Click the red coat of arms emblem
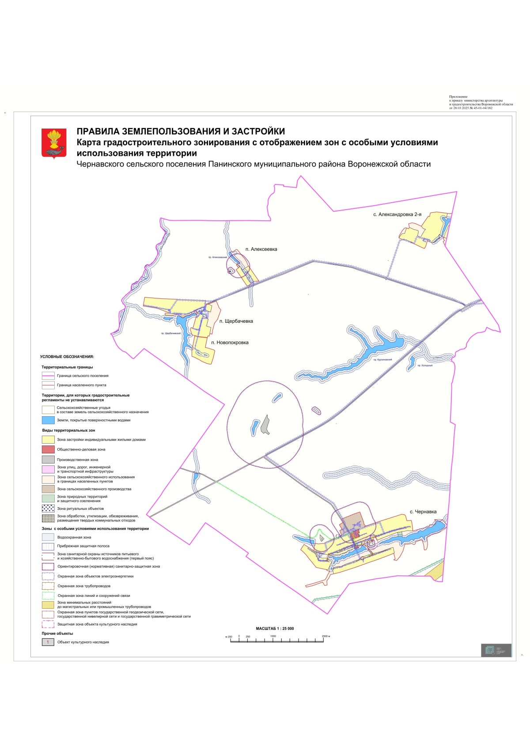(54, 143)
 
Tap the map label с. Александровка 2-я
(397, 215)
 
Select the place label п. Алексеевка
(261, 249)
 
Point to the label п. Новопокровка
(230, 343)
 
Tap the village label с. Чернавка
(423, 512)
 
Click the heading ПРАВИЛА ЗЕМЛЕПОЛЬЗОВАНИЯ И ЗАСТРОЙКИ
(181, 132)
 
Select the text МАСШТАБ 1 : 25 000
(275, 629)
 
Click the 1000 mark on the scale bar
(273, 637)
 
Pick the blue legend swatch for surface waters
(48, 420)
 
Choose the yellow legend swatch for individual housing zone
(48, 440)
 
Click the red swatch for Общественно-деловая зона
(48, 449)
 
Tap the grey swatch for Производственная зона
(48, 460)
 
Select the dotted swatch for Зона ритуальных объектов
(48, 509)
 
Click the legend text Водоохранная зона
(74, 538)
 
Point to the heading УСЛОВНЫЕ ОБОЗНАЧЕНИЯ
(67, 357)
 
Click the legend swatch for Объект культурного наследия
(48, 642)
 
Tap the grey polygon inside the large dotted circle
(265, 425)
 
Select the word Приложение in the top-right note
(458, 97)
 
